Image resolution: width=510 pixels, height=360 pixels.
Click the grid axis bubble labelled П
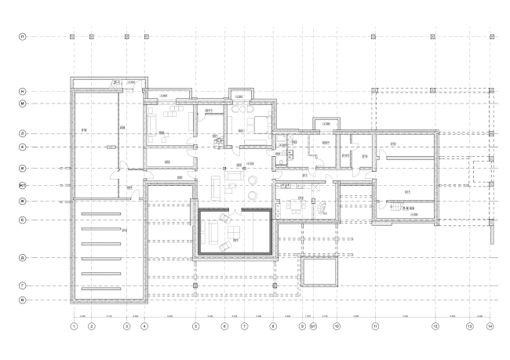[23, 37]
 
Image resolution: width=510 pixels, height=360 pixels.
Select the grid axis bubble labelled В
[23, 300]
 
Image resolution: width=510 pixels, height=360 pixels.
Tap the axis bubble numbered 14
[490, 325]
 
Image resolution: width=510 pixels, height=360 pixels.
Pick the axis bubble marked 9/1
[313, 325]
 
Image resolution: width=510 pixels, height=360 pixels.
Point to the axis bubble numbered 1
[73, 325]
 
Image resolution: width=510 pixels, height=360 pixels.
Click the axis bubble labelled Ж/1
[23, 186]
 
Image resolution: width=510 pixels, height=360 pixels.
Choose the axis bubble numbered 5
[195, 325]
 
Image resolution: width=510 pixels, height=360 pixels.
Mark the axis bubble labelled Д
[23, 257]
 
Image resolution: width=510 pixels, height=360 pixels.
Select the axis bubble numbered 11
[375, 325]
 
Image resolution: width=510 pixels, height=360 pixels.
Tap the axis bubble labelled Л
[23, 134]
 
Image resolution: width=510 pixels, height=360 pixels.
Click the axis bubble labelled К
[23, 147]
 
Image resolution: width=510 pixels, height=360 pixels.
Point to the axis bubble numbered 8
[273, 325]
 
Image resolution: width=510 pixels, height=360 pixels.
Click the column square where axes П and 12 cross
[433, 37]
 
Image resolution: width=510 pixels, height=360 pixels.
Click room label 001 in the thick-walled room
[235, 238]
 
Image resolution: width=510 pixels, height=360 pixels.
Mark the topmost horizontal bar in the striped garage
[97, 213]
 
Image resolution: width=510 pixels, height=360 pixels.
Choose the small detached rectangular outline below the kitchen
[317, 274]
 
